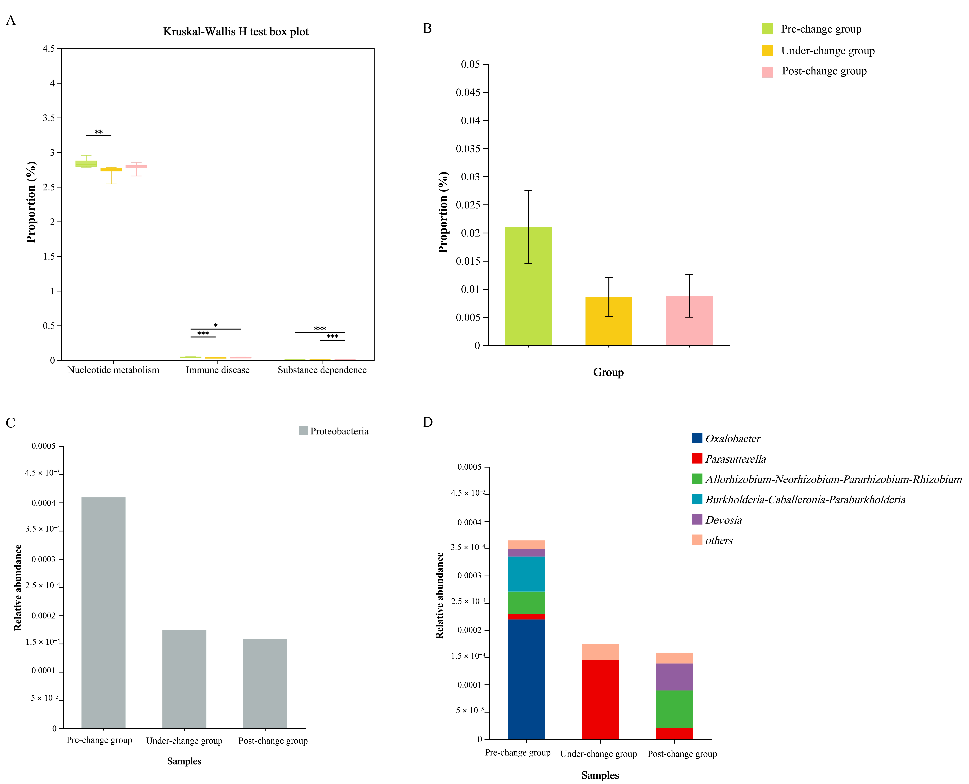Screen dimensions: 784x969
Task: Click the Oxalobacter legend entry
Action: pos(732,439)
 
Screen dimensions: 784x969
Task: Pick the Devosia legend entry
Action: pos(723,520)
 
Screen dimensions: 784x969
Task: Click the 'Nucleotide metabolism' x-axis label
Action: pos(113,370)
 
